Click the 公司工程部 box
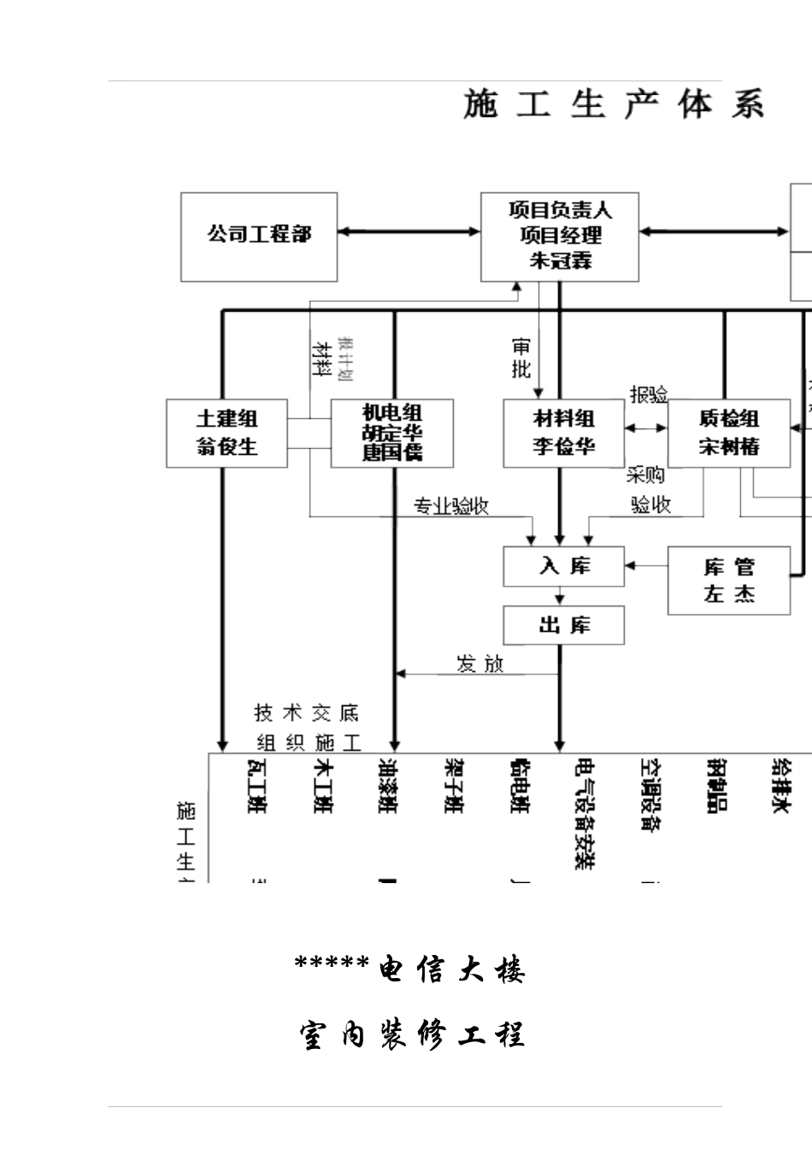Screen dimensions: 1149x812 (x=259, y=237)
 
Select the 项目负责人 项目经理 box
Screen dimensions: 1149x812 (x=560, y=237)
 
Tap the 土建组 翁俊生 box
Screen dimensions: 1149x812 (x=227, y=433)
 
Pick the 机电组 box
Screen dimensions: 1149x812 (x=392, y=433)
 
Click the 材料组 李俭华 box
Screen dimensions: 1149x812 (x=563, y=433)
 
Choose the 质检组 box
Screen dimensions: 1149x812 (x=728, y=433)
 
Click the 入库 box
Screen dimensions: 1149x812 (x=563, y=567)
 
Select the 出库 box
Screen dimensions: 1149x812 (x=563, y=625)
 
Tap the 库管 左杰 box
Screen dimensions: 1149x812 (x=728, y=580)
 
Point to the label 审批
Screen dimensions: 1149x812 (x=521, y=358)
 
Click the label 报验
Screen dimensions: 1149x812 (x=648, y=395)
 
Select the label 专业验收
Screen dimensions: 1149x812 (x=451, y=506)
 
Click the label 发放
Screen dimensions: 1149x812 (x=480, y=664)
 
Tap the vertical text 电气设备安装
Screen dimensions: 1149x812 (x=585, y=813)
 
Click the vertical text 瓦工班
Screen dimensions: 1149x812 (x=256, y=786)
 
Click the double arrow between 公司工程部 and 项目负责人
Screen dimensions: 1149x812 (x=409, y=231)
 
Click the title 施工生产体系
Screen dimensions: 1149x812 (x=613, y=104)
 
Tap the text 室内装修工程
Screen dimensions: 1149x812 (x=411, y=1034)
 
